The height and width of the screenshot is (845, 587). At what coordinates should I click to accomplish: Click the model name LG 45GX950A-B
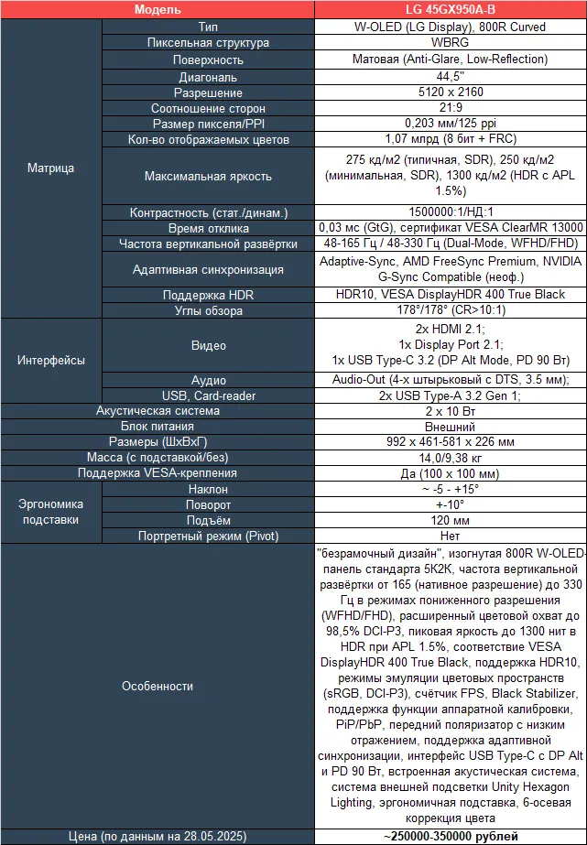[450, 10]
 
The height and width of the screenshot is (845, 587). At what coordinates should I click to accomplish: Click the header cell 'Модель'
[158, 10]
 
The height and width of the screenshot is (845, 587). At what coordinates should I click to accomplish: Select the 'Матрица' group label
[51, 168]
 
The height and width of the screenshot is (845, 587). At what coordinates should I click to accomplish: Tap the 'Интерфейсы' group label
[51, 360]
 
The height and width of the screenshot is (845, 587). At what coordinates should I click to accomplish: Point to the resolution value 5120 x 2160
[450, 92]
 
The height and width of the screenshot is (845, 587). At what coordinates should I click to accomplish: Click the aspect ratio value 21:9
[450, 108]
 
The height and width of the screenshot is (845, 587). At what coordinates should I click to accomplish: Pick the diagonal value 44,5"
[450, 76]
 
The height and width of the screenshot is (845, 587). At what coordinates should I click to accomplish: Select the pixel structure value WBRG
[450, 43]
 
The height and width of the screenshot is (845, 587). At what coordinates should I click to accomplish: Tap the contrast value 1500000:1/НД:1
[450, 212]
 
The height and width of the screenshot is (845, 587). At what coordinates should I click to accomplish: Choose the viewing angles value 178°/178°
[450, 310]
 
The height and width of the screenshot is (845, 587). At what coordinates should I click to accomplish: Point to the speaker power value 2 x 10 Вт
[450, 411]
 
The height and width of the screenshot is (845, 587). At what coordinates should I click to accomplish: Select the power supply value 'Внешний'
[450, 427]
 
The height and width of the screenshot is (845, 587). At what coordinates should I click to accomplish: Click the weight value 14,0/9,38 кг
[450, 458]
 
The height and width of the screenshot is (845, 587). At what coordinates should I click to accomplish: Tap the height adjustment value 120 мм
[450, 520]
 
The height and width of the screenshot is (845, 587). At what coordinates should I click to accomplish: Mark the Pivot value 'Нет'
[450, 536]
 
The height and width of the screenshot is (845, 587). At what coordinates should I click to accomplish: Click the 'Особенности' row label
[158, 686]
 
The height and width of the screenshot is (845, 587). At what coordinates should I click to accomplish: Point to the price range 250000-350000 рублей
[450, 836]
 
